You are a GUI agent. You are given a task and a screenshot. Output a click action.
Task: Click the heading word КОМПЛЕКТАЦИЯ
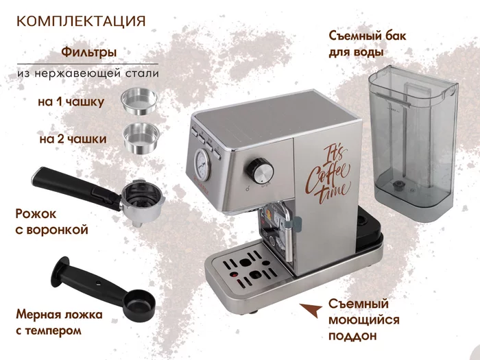point(81,21)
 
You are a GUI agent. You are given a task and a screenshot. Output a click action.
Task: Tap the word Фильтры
point(88,51)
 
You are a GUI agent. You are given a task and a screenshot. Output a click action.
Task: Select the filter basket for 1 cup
point(139,101)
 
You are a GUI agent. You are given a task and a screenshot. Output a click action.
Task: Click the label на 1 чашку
point(71,101)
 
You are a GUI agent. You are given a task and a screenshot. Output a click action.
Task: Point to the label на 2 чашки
point(73,139)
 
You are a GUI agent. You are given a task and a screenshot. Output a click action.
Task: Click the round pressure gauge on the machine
point(202,164)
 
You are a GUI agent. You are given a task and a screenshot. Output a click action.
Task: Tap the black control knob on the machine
point(260,169)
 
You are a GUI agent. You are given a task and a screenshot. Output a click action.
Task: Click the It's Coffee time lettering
point(328,176)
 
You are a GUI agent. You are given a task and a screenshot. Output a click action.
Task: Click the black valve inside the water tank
point(398,184)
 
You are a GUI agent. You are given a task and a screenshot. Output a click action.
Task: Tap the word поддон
point(352,336)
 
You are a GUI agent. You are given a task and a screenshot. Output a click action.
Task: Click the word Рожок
point(36,214)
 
